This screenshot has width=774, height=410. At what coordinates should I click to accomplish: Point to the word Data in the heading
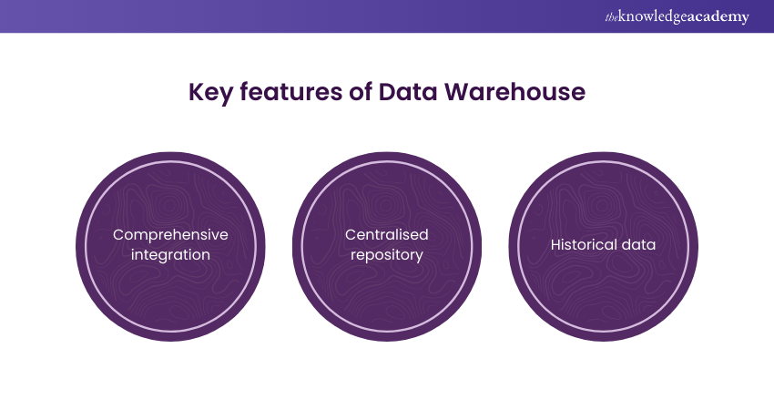point(391,93)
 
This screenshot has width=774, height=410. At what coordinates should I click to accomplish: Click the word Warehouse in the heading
point(504,93)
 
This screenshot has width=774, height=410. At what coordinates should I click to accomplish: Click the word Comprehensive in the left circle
point(170,234)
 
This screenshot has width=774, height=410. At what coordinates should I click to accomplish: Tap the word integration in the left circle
point(170,255)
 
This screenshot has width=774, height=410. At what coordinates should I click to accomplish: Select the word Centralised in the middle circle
point(386,234)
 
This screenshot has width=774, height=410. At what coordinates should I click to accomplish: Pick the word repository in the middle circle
point(386,255)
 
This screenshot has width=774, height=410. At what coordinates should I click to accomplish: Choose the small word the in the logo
point(611,17)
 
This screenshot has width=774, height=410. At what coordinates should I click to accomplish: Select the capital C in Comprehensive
point(118,234)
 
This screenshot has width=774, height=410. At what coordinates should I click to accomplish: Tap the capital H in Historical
point(555,244)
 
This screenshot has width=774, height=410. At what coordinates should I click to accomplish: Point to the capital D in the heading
point(373,93)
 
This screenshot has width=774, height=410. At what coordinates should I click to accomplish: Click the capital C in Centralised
point(351,234)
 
